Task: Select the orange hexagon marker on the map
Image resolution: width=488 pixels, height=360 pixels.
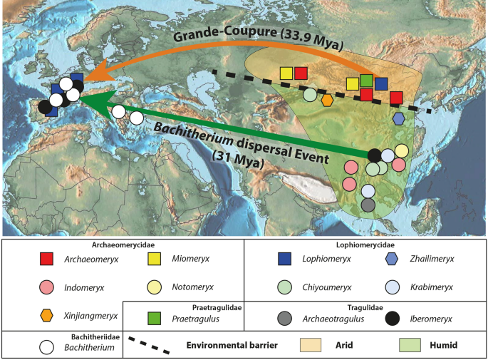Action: pyautogui.click(x=327, y=101)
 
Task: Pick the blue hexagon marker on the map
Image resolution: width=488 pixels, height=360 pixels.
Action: pyautogui.click(x=398, y=118)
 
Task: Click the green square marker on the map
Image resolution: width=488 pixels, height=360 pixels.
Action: pyautogui.click(x=366, y=81)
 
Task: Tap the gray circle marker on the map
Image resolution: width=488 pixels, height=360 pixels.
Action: pyautogui.click(x=368, y=205)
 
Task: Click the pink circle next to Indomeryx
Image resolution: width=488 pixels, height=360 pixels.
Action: pyautogui.click(x=47, y=287)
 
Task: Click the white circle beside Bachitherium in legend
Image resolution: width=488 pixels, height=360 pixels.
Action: pyautogui.click(x=47, y=346)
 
